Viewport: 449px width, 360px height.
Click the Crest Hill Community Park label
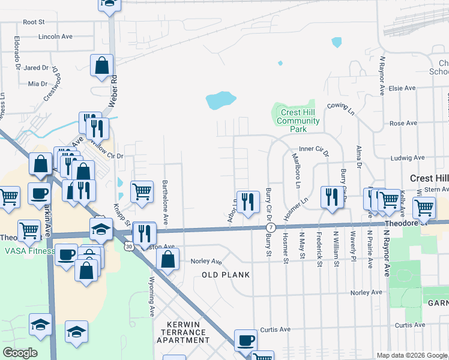click(298, 121)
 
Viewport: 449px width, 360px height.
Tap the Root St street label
click(34, 22)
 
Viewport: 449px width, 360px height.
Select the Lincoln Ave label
click(55, 37)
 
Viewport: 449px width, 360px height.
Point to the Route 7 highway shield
click(272, 228)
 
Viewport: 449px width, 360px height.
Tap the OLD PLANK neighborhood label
click(225, 275)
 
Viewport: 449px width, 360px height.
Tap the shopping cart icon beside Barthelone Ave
click(142, 192)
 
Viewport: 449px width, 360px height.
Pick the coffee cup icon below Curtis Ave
click(245, 340)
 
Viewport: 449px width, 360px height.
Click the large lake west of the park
click(220, 101)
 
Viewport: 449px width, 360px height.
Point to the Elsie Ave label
click(402, 88)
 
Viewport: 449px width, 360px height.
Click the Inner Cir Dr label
click(314, 151)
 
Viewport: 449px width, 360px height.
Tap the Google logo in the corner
click(20, 353)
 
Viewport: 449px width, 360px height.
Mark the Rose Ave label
click(403, 123)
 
